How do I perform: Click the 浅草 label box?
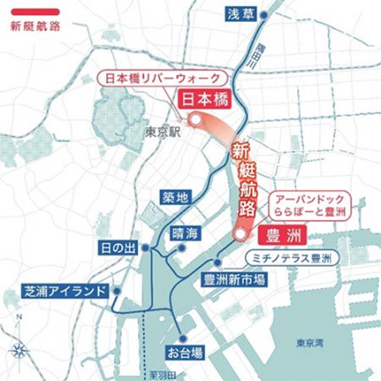238,14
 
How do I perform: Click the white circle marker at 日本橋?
195,120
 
